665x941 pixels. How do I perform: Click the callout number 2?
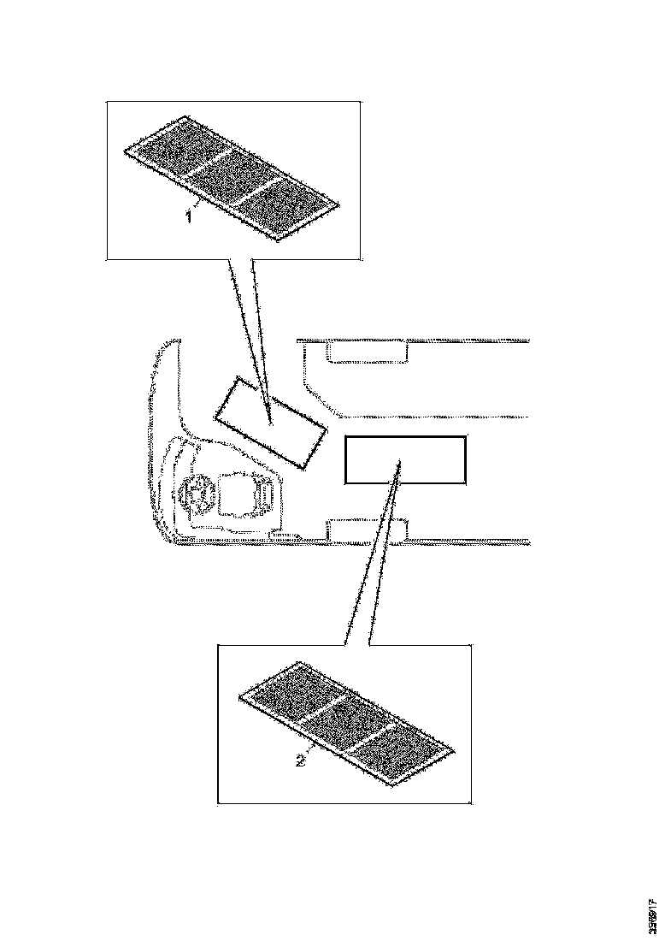coord(300,760)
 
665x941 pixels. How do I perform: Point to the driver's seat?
coord(248,496)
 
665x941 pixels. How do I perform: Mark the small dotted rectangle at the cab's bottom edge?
coord(366,531)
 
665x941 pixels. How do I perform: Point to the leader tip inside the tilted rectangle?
coord(271,421)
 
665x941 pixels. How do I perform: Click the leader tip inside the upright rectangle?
coord(399,463)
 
